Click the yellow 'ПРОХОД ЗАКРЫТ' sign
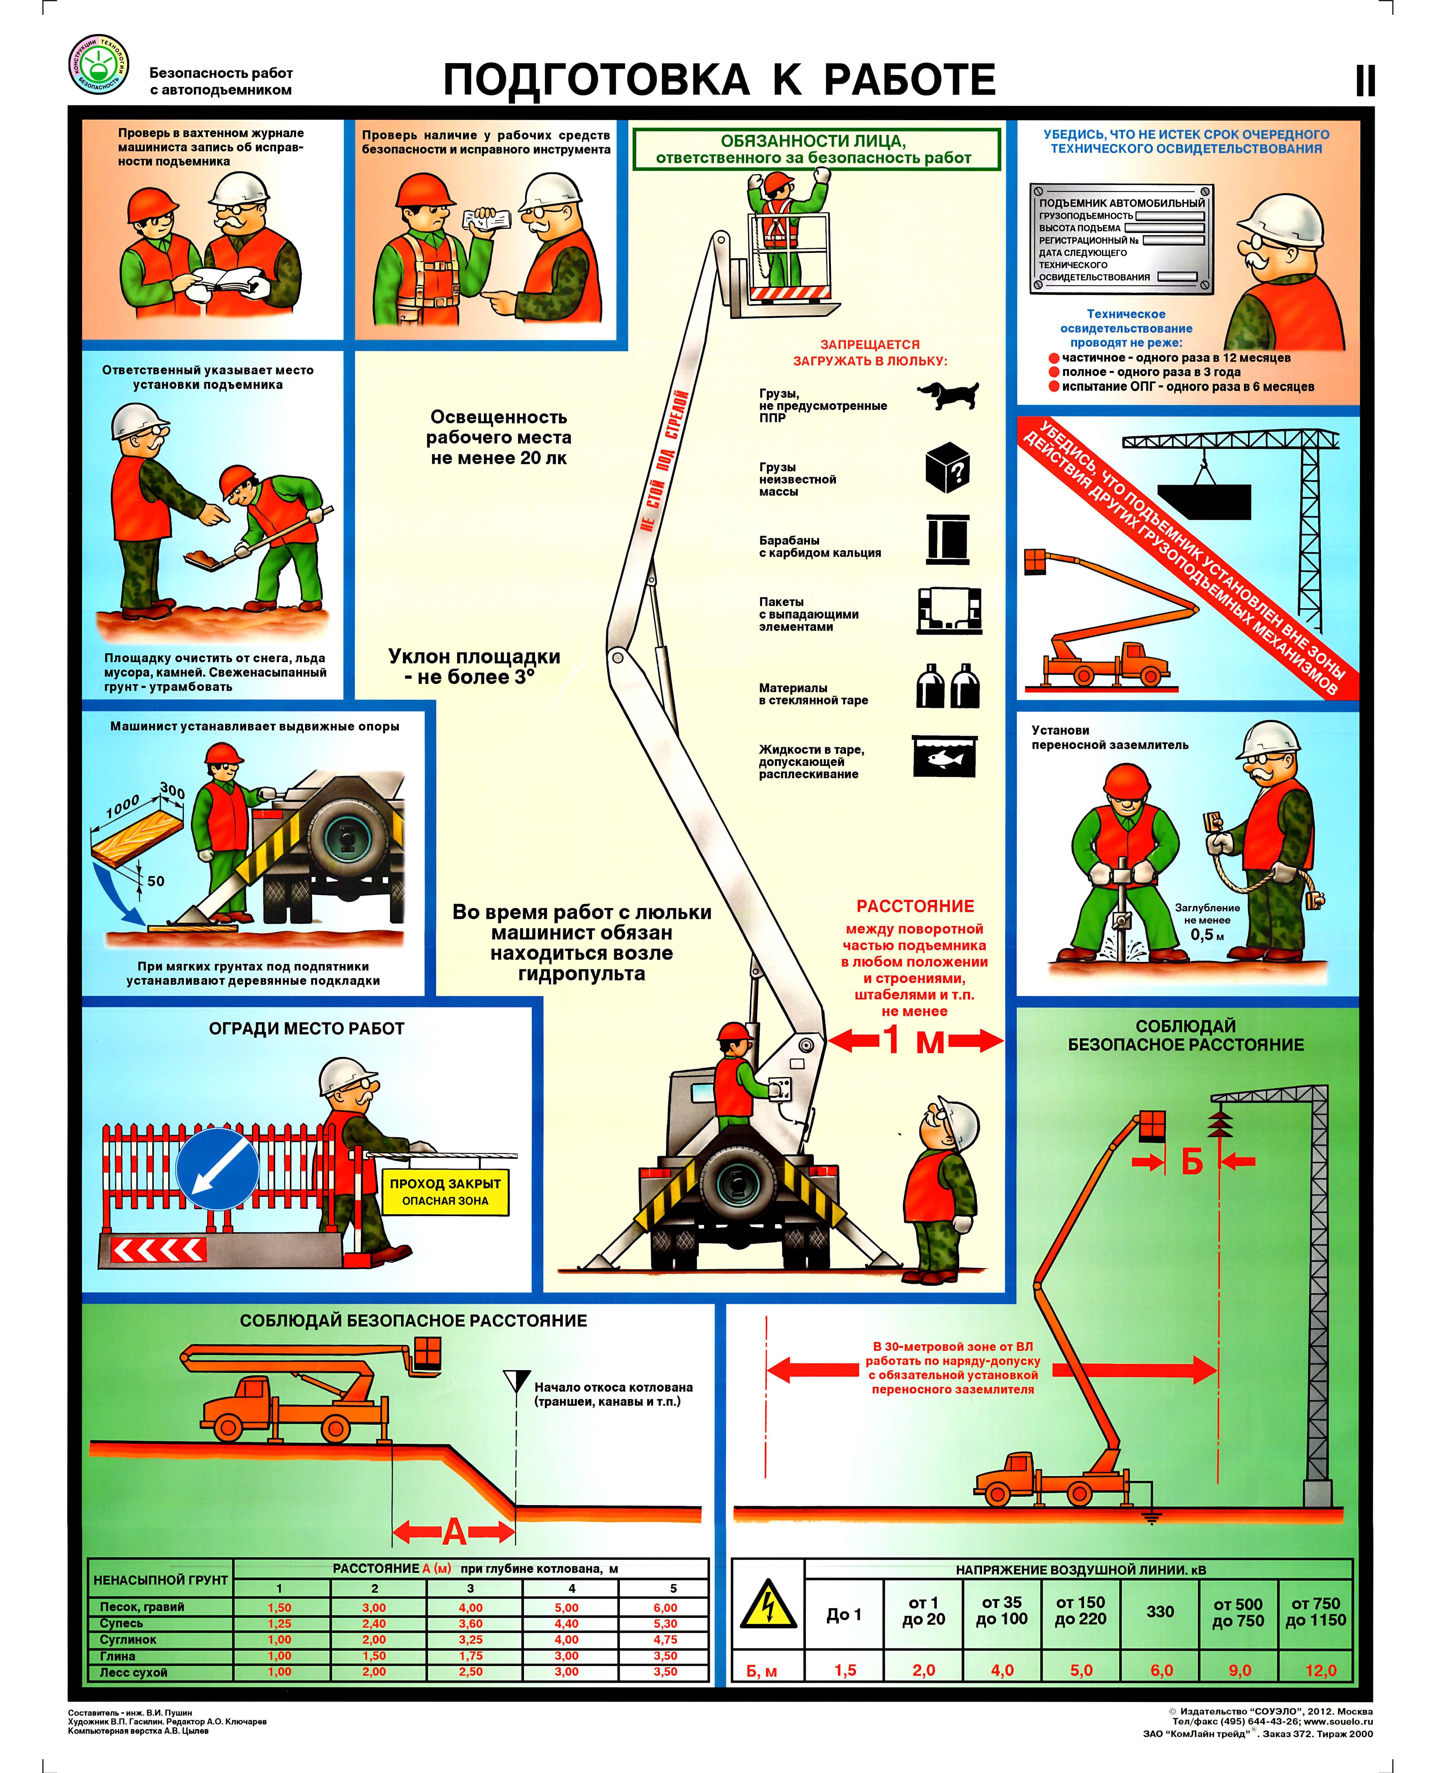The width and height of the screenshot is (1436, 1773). point(445,1191)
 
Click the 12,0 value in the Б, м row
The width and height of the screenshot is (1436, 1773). point(1320,1670)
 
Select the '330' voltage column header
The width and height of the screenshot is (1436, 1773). point(1160,1612)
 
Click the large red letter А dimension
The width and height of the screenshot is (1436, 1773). point(454,1532)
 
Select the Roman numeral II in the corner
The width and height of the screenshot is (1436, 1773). point(1365,81)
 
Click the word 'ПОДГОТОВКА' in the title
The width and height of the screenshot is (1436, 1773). point(596,80)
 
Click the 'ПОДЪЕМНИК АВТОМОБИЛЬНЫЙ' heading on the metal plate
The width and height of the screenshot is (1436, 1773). point(1122,203)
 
